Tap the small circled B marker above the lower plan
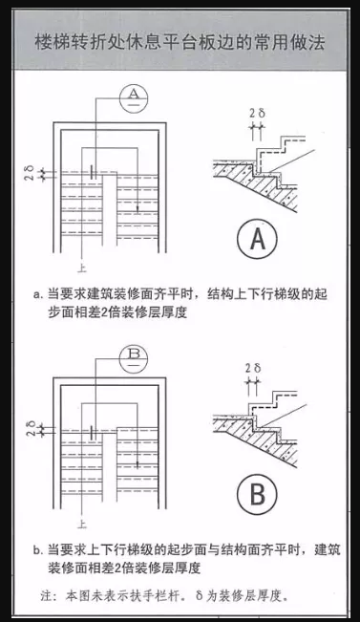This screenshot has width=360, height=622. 135,355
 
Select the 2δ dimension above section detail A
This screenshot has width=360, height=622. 256,113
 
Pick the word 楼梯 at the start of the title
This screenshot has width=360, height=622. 49,43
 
